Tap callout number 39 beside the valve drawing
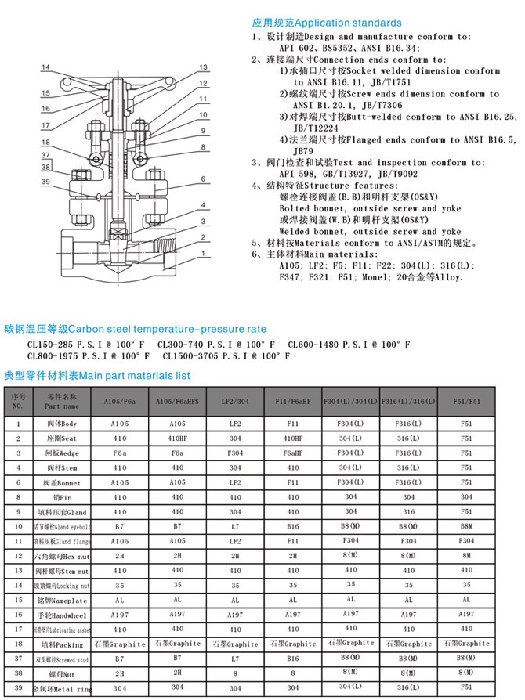45,182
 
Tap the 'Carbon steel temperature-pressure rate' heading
135,329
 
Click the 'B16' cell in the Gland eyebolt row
293,528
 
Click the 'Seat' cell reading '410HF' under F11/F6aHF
293,438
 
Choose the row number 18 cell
18,644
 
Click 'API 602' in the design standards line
295,48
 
